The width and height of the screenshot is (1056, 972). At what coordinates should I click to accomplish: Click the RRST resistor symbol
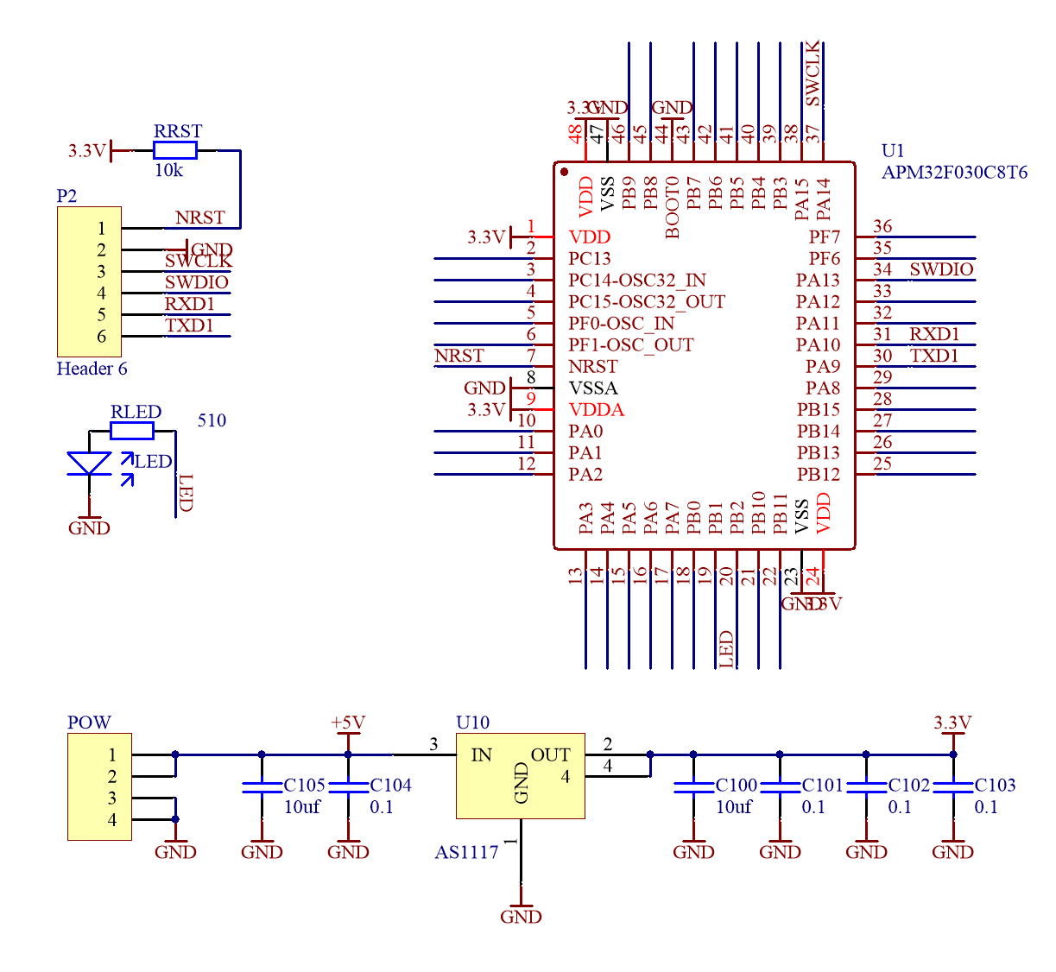pyautogui.click(x=175, y=151)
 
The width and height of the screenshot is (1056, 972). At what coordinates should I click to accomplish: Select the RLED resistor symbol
pyautogui.click(x=132, y=431)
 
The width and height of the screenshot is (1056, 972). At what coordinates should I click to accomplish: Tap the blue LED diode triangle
pyautogui.click(x=89, y=463)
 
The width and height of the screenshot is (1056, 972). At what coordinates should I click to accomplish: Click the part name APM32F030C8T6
pyautogui.click(x=954, y=172)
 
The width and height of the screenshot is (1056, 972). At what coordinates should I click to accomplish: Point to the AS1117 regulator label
pyautogui.click(x=466, y=852)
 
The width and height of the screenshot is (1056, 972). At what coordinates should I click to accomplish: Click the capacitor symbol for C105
pyautogui.click(x=262, y=787)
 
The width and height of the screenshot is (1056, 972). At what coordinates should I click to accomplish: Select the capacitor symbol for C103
pyautogui.click(x=953, y=787)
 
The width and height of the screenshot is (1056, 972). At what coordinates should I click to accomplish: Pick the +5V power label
pyautogui.click(x=348, y=723)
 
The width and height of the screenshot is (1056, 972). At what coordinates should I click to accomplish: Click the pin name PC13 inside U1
pyautogui.click(x=590, y=258)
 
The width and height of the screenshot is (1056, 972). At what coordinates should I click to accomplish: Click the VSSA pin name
pyautogui.click(x=593, y=388)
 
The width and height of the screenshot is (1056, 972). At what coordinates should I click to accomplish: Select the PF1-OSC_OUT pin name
pyautogui.click(x=631, y=344)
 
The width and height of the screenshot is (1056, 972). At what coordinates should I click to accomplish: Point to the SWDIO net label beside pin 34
pyautogui.click(x=941, y=269)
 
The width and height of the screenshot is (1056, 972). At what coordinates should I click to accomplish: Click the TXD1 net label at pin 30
pyautogui.click(x=934, y=356)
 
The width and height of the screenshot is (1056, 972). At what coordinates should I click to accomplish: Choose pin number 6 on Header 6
pyautogui.click(x=101, y=337)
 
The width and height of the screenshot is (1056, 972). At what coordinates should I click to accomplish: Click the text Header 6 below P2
pyautogui.click(x=92, y=369)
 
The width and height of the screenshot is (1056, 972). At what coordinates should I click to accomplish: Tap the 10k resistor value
pyautogui.click(x=168, y=170)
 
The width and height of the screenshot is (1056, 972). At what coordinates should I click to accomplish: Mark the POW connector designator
pyautogui.click(x=89, y=723)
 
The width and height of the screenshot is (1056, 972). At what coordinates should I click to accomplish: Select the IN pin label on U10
pyautogui.click(x=481, y=755)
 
